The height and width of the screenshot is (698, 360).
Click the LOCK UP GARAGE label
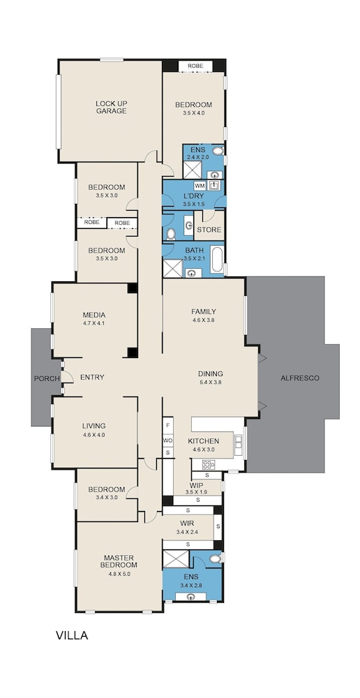pyautogui.click(x=111, y=107)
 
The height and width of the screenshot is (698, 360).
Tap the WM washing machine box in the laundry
pyautogui.click(x=200, y=185)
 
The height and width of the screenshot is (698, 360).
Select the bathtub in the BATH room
pyautogui.click(x=217, y=260)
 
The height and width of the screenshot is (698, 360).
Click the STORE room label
pyautogui.click(x=209, y=230)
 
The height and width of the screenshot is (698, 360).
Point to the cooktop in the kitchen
pyautogui.click(x=209, y=464)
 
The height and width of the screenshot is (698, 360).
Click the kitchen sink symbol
pyautogui.click(x=239, y=442)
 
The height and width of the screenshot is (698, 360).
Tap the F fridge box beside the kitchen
pyautogui.click(x=167, y=425)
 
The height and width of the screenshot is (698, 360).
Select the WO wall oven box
pyautogui.click(x=167, y=440)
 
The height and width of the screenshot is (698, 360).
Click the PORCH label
pyautogui.click(x=47, y=378)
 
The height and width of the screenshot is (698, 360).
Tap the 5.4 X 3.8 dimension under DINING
pyautogui.click(x=211, y=382)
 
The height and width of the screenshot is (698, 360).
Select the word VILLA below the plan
pyautogui.click(x=72, y=635)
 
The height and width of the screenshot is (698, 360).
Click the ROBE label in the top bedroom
pyautogui.click(x=195, y=66)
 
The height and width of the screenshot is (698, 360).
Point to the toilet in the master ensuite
pyautogui.click(x=216, y=558)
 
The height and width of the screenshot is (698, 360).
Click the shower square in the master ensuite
pyautogui.click(x=176, y=559)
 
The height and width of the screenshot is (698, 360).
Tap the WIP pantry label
pyautogui.click(x=196, y=485)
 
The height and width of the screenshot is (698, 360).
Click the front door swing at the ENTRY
pyautogui.click(x=68, y=377)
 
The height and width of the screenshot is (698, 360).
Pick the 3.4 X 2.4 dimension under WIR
pyautogui.click(x=186, y=531)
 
